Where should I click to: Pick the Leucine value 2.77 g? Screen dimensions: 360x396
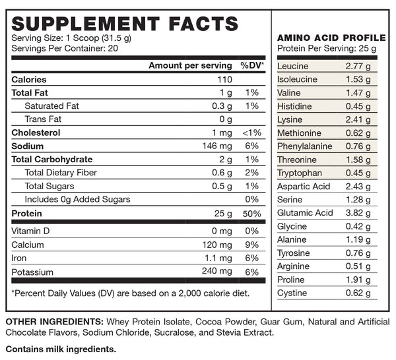coord(358,66)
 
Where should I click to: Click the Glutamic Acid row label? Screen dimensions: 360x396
coord(305,212)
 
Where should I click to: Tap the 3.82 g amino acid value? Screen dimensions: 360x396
coord(358,212)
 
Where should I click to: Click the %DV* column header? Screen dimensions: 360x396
coord(252,65)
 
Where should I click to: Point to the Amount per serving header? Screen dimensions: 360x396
coord(190,65)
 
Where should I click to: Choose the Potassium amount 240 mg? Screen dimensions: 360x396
coord(217,271)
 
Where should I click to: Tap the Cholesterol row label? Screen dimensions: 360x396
coord(36,133)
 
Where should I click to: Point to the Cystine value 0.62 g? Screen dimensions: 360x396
coord(358,293)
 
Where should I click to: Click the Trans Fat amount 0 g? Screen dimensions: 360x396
coord(225,119)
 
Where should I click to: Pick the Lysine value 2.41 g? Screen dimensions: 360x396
coord(358,119)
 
